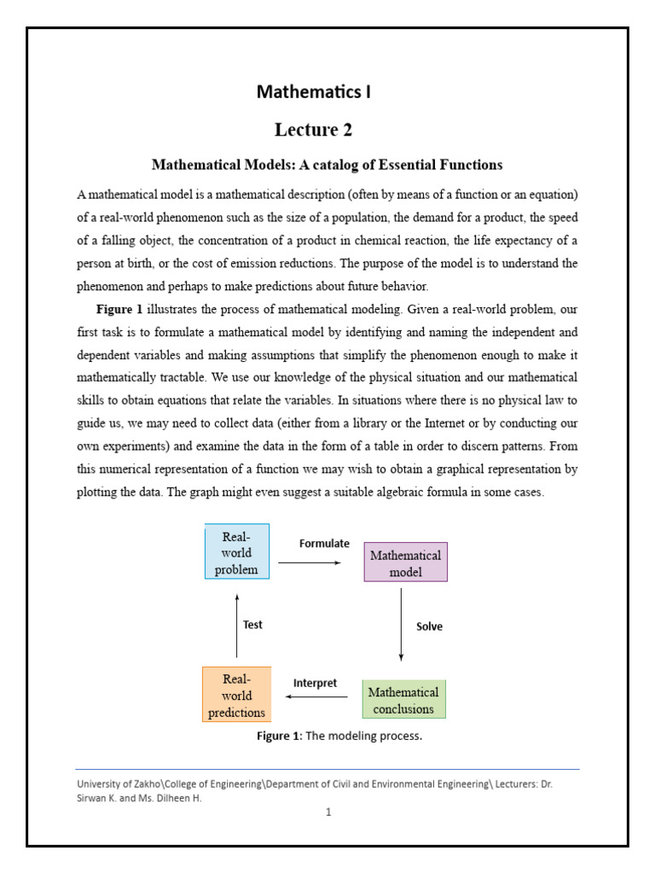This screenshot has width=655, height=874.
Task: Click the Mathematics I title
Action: [314, 91]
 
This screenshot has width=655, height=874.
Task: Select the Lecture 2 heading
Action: [313, 130]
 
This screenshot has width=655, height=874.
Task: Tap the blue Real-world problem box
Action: [236, 553]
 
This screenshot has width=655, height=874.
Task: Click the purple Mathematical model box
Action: [405, 563]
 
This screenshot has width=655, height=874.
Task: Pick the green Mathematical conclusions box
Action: [403, 700]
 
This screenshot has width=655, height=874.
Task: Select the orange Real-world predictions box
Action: [236, 695]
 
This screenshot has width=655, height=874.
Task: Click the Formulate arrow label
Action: [324, 544]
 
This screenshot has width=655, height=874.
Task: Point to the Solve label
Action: [429, 626]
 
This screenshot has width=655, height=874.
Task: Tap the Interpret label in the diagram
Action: [315, 683]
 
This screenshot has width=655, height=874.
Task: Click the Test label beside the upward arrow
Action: [252, 625]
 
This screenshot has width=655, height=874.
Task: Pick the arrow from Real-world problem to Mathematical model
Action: [310, 562]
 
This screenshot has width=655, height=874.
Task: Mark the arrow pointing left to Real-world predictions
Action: [316, 697]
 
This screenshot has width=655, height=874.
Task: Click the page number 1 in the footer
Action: [328, 812]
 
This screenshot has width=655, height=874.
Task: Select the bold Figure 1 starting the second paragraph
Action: [119, 309]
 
